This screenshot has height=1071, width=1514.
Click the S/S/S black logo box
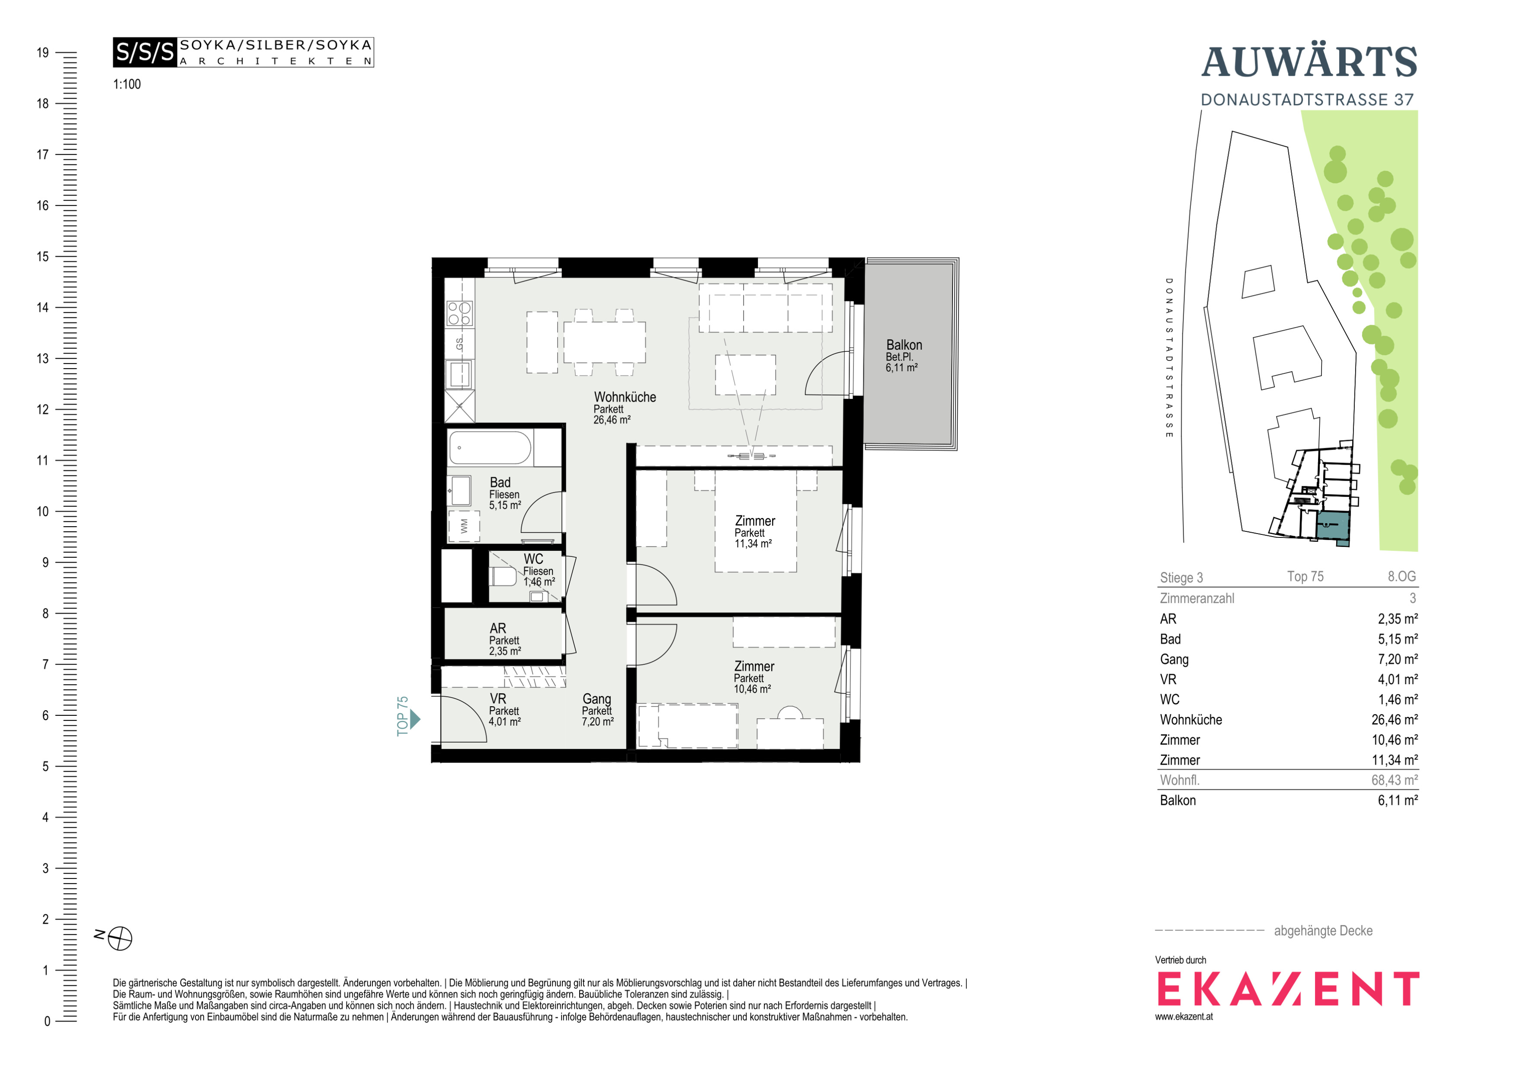point(145,52)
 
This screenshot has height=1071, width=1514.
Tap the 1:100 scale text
point(127,84)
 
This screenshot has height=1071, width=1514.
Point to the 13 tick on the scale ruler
point(42,359)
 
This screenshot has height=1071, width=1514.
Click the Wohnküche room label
point(625,397)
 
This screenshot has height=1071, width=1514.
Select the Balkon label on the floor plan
point(904,345)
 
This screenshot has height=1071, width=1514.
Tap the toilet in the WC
point(503,576)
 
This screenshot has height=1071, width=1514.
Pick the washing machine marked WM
point(464,526)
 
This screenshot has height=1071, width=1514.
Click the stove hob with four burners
point(459,313)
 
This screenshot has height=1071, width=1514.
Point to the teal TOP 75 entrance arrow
point(415,718)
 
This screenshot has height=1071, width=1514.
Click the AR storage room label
point(498,628)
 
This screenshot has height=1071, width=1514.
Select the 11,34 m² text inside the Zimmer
point(753,544)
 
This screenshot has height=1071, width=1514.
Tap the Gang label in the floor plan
point(597,699)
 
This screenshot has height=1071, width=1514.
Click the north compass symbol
point(120,938)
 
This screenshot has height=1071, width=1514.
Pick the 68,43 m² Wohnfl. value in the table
point(1395,780)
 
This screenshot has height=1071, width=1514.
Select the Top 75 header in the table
point(1306,576)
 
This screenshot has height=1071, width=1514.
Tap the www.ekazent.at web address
point(1184,1017)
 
